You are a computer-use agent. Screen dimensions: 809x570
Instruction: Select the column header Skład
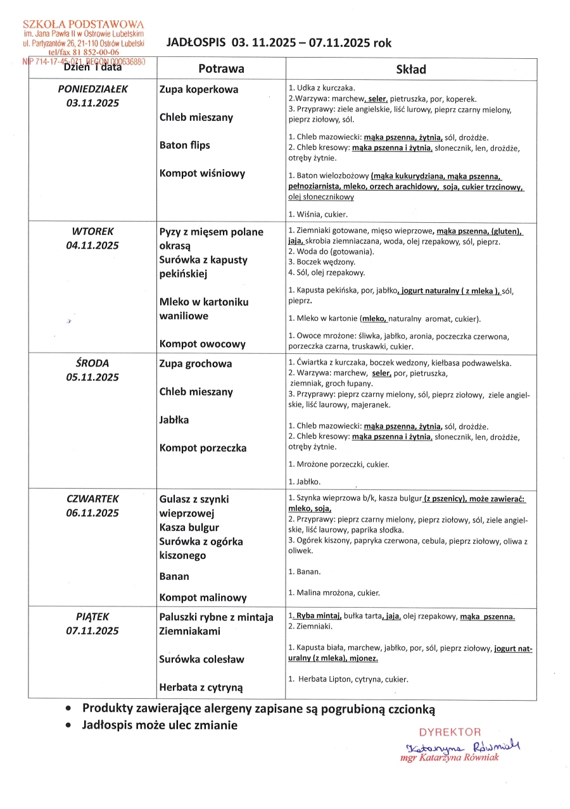coord(410,69)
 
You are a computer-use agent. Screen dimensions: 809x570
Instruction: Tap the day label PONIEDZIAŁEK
coord(92,89)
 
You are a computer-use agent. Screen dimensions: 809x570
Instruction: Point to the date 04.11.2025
coord(92,246)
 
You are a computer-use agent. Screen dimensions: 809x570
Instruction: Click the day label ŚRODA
coord(92,363)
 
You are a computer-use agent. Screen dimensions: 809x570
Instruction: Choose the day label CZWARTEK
coord(92,499)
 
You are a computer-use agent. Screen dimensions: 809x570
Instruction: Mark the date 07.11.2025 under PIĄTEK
coord(92,631)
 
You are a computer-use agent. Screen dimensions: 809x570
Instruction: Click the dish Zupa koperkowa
coord(199,90)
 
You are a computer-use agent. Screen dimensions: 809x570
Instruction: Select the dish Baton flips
coord(184,146)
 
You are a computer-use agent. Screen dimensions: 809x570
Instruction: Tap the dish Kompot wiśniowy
coord(202,173)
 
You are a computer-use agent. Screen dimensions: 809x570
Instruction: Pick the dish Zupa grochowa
coord(196,364)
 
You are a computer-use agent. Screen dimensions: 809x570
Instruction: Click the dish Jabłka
coord(174,420)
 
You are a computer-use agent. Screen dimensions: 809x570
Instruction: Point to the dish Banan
coord(174,577)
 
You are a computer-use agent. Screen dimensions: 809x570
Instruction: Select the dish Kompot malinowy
coord(203,598)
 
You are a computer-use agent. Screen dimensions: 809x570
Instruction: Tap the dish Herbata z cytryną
coord(201,687)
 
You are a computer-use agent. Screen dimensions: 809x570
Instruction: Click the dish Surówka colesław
coord(201,660)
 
